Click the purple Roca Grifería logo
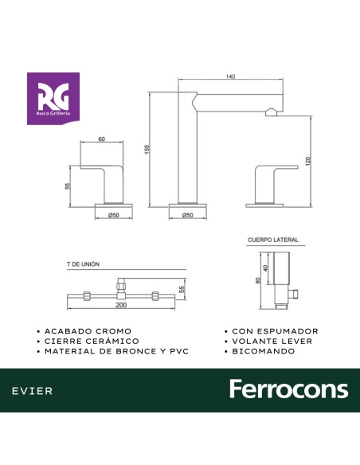[53, 99]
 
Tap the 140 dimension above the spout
[230, 76]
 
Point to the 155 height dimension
[147, 149]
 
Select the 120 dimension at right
[307, 161]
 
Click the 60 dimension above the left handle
[101, 139]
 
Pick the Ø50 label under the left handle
[114, 215]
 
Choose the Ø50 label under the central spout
[187, 215]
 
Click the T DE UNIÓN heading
[83, 264]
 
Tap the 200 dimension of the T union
[121, 305]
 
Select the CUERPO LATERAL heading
[273, 240]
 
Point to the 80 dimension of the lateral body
[258, 280]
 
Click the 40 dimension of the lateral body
[265, 268]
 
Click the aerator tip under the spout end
[272, 112]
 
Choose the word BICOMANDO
[264, 351]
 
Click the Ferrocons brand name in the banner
[289, 389]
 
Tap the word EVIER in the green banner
[33, 391]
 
